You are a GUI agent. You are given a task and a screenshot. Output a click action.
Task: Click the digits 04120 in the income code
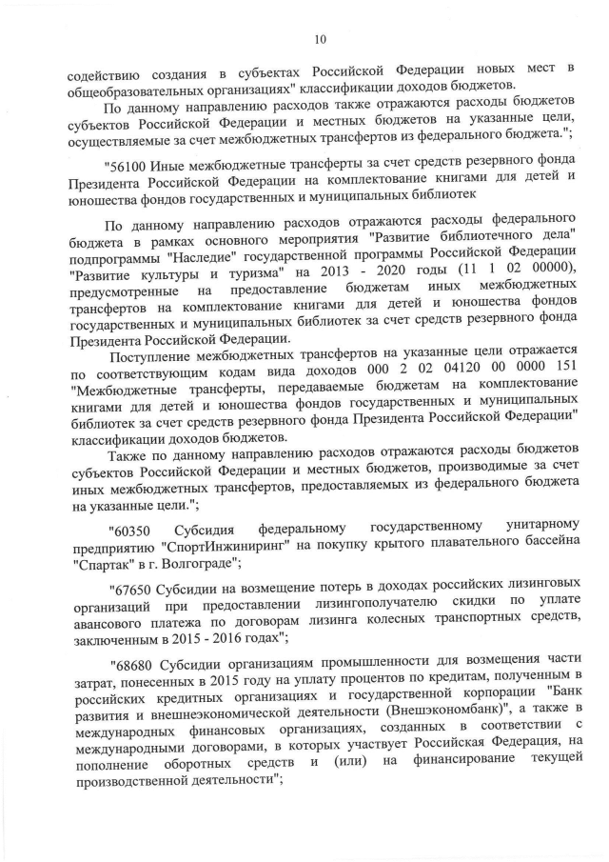click(428, 369)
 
